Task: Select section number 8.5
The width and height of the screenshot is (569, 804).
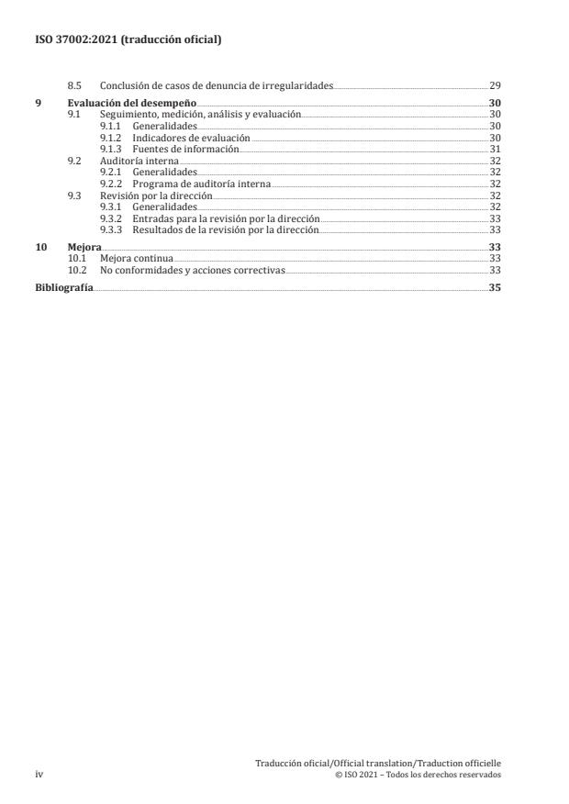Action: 75,85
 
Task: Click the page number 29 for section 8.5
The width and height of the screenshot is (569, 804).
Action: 495,85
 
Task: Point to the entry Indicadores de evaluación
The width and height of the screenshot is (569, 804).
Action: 191,136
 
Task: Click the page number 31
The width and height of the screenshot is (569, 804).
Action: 495,149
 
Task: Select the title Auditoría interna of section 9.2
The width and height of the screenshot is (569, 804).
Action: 139,161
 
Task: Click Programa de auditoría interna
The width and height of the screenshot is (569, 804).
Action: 201,184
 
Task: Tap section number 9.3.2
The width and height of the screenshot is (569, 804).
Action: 110,218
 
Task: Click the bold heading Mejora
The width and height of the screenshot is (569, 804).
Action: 84,248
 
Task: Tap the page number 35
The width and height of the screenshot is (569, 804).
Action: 495,287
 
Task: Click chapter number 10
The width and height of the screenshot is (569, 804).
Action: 39,248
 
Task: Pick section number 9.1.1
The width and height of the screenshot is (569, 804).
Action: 110,125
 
